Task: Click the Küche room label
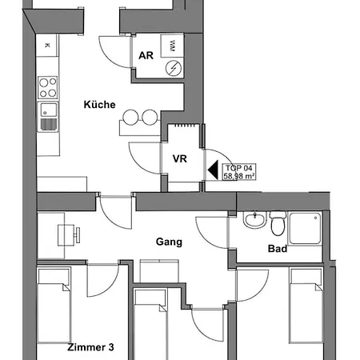click(x=99, y=104)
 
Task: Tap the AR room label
click(x=146, y=55)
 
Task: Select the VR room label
click(x=180, y=158)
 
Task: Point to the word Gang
click(x=169, y=242)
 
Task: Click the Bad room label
click(x=278, y=249)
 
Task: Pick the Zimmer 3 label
click(x=90, y=347)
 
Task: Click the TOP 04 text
click(x=239, y=168)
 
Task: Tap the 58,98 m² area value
click(x=239, y=176)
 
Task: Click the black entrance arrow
click(x=213, y=170)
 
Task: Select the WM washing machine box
click(x=172, y=46)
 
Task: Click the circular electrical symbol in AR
click(x=174, y=68)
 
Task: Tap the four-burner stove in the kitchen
click(x=48, y=87)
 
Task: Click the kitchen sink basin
click(x=49, y=110)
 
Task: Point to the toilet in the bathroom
click(x=278, y=224)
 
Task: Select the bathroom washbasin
click(x=255, y=220)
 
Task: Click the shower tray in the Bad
click(x=306, y=228)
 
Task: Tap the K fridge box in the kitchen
click(x=47, y=46)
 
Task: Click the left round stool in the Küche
click(x=130, y=118)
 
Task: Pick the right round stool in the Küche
click(x=150, y=118)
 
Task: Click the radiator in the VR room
click(x=184, y=125)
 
